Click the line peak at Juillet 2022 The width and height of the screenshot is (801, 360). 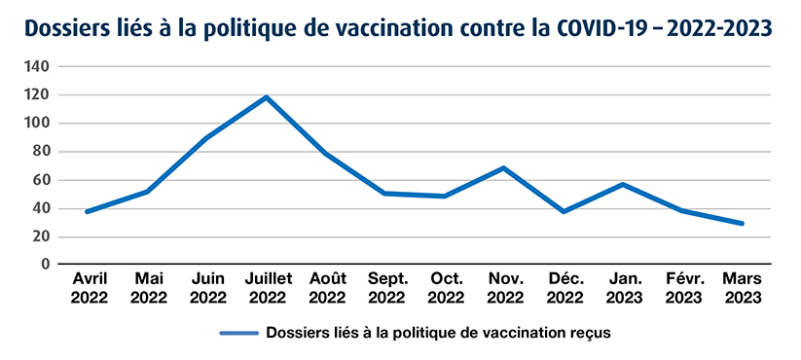point(266,97)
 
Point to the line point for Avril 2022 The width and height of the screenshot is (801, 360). point(88,211)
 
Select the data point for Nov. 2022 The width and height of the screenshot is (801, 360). point(504,168)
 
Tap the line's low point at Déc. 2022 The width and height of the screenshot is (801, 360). point(564,211)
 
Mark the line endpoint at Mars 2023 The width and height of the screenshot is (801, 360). point(743,223)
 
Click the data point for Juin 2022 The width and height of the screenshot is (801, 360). point(206,137)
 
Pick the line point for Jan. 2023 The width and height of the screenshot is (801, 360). point(623,184)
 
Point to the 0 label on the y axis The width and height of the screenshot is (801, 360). point(45,264)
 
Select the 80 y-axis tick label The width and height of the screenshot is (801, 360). point(41,152)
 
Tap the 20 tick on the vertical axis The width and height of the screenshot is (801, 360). point(41,236)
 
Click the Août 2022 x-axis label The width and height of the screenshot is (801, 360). point(326,289)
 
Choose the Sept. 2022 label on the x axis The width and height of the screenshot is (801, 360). point(385,289)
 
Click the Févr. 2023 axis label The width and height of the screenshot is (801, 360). point(683,289)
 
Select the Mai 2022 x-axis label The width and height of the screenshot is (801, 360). point(147,289)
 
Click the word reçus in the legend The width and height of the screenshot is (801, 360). point(588,333)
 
